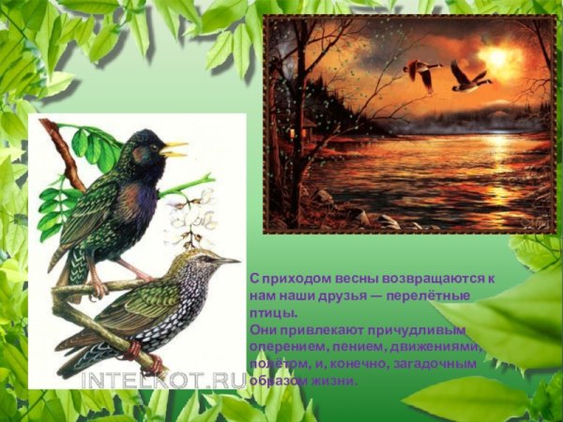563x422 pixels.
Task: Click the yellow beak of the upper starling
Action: (175, 148)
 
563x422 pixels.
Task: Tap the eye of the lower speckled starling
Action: (201, 257)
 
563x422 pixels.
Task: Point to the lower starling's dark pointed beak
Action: (225, 260)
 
